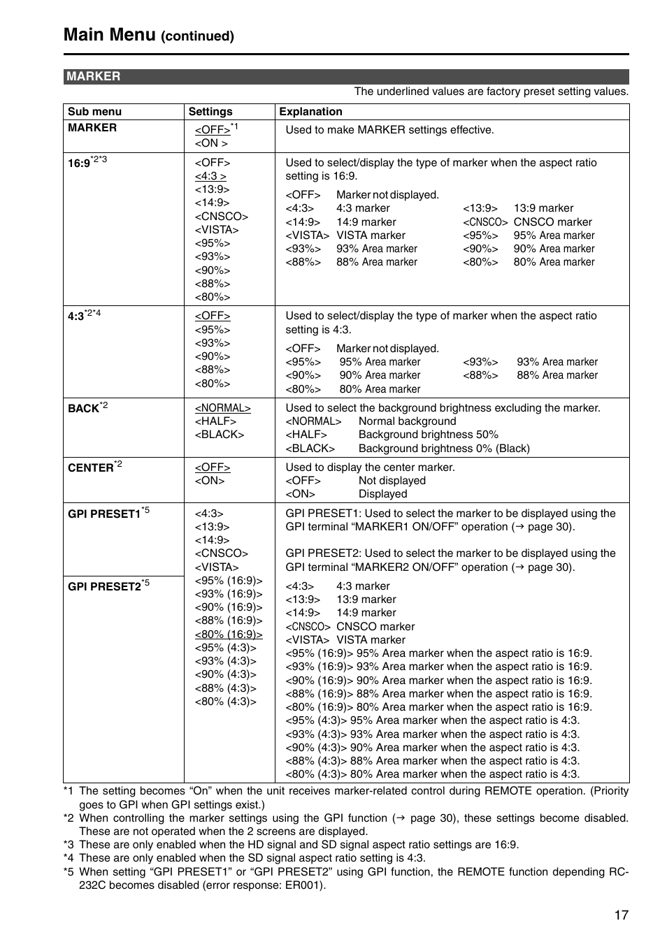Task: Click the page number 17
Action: pos(621,915)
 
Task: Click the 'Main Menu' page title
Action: pos(109,34)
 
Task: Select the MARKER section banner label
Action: pos(94,76)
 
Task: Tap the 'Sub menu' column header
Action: pos(94,111)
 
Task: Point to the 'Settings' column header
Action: pos(210,111)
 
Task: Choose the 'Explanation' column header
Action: pos(310,111)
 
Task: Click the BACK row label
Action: pos(84,408)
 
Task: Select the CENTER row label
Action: pos(91,467)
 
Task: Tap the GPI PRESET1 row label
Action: pos(105,514)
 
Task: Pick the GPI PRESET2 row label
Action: pos(105,586)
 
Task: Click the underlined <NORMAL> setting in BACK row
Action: pos(222,408)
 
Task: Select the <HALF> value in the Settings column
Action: pos(215,421)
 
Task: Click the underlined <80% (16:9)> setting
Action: pos(229,634)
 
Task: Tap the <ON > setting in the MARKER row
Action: pos(211,143)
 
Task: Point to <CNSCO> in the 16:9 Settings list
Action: pos(221,217)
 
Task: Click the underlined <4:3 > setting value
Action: pos(210,176)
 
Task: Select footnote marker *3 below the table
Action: pos(69,845)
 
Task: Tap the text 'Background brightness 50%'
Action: pos(428,435)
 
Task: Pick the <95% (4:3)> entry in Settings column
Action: pos(225,648)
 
